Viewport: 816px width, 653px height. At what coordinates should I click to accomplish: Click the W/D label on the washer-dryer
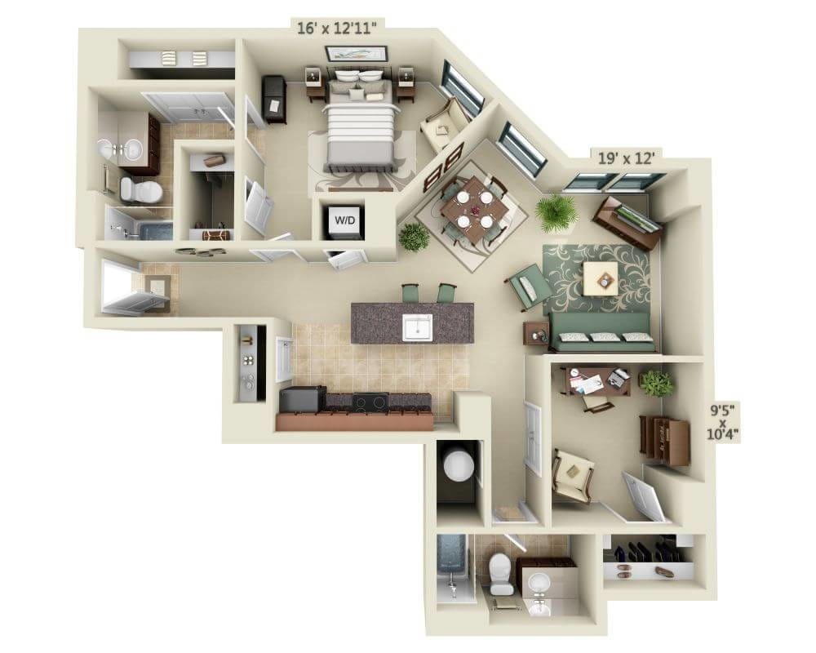coord(343,220)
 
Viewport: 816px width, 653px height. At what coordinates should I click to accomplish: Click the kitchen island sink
coord(418,326)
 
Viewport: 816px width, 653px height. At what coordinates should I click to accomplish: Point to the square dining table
coord(474,209)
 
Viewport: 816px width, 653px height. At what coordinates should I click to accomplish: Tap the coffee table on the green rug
coord(604,279)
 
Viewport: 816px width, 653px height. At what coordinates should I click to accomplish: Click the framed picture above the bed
coord(356,54)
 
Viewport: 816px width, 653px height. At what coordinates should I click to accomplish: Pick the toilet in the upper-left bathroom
coord(141,191)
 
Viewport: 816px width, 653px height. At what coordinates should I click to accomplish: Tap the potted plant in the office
coord(657,382)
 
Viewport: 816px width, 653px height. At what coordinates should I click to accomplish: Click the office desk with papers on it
coord(595,381)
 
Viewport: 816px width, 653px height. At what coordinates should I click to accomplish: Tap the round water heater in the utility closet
coord(458,466)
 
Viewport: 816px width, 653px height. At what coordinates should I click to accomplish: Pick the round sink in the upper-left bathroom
coord(131,149)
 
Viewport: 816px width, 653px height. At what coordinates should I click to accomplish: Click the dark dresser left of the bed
coord(274,99)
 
